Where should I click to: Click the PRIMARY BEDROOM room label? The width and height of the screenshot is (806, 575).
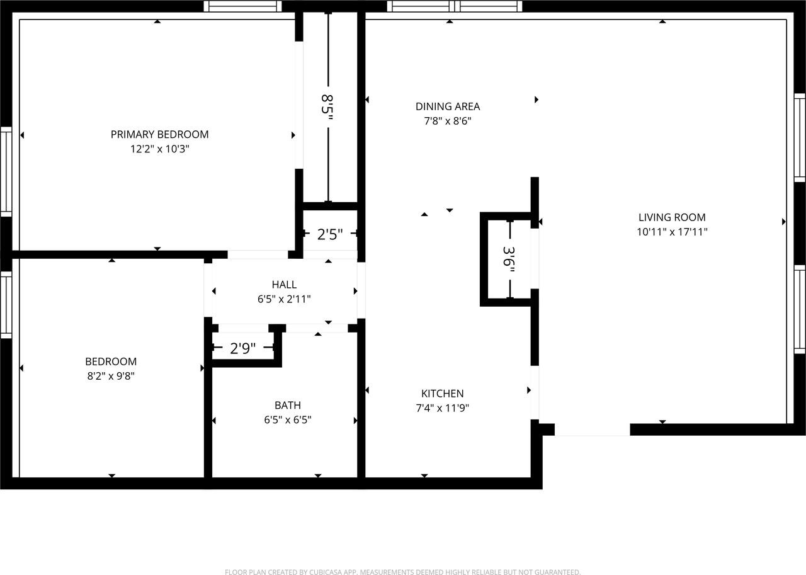159,135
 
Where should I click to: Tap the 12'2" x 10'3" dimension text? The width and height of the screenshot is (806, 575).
159,149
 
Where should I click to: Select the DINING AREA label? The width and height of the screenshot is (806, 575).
448,106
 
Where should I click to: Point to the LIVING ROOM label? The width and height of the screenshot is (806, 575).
672,217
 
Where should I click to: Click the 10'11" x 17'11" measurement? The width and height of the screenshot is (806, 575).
672,232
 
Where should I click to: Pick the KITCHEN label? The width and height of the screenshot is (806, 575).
442,394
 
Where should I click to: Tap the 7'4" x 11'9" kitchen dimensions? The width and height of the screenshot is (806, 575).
442,408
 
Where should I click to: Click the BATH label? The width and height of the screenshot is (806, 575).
288,406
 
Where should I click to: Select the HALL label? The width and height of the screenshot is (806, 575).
284,285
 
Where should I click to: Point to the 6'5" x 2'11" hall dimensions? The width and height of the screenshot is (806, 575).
284,299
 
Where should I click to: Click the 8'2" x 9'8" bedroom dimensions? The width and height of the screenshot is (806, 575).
111,376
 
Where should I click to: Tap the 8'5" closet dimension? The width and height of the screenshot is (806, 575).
327,107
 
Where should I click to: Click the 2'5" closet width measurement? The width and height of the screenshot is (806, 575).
329,234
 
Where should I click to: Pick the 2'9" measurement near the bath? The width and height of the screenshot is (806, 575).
242,348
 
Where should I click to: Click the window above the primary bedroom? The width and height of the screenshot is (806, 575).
243,6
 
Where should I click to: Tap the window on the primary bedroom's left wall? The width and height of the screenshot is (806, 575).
6,172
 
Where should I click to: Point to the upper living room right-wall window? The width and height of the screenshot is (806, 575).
800,138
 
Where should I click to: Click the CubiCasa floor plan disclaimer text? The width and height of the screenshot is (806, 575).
402,572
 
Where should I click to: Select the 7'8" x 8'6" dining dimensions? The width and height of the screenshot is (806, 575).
448,121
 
